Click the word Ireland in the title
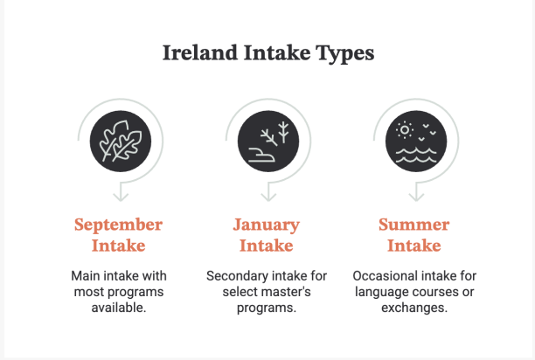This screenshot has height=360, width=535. [200, 52]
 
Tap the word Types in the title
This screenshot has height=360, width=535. [344, 54]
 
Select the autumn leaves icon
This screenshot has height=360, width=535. [121, 142]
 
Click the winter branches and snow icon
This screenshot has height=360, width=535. [268, 142]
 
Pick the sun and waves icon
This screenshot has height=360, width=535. [416, 142]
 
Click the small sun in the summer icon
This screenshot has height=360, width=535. [405, 130]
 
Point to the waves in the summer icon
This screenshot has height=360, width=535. [416, 156]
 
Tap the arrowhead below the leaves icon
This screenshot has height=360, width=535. [121, 197]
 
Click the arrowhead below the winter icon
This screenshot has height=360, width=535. [268, 197]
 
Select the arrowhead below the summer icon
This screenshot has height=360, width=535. [416, 197]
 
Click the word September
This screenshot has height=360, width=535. [118, 225]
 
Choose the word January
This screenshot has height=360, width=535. [267, 225]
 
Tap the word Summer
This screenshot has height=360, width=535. [413, 225]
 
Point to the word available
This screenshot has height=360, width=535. [119, 308]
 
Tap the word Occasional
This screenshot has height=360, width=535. [382, 276]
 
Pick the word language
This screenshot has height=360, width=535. [382, 293]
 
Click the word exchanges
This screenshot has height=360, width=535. [414, 308]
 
